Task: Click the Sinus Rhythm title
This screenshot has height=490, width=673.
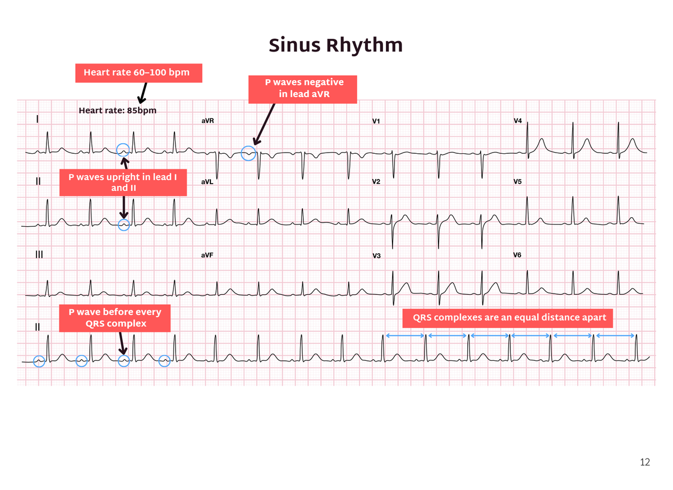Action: tap(335, 45)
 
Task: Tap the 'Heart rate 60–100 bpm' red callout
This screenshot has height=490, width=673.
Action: tap(139, 73)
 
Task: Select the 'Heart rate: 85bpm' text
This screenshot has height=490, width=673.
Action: tap(117, 111)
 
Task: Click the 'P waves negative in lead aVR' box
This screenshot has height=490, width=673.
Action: tap(302, 89)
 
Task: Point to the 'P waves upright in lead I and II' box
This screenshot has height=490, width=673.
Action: tap(123, 182)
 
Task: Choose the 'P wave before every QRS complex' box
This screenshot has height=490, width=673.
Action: tap(115, 318)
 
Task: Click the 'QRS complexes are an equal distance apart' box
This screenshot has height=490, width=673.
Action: tap(508, 318)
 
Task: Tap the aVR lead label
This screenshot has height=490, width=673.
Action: tap(208, 121)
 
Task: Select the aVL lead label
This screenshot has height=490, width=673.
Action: tap(208, 182)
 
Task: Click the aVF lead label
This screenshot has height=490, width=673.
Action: tap(208, 255)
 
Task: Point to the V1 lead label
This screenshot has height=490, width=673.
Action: tap(376, 121)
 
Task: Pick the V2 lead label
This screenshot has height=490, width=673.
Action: tap(376, 181)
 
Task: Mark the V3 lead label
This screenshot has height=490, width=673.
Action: tap(376, 256)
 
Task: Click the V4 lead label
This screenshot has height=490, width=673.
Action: tap(518, 121)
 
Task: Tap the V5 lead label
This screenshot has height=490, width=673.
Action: tap(517, 181)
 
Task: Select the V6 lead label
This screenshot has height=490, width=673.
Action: tap(517, 255)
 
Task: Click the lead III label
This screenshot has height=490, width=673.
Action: tap(39, 255)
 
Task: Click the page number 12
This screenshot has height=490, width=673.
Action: tap(645, 462)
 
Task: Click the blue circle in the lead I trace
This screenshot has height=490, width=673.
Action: tap(123, 143)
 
